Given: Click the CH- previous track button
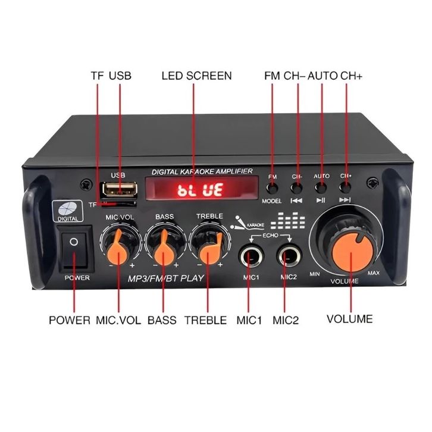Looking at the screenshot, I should click(x=296, y=188).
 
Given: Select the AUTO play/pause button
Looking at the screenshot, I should click(x=321, y=188).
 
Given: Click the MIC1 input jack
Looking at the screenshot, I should click(x=252, y=256).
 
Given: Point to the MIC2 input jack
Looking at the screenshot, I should click(x=289, y=256).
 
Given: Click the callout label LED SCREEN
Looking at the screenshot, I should click(x=196, y=76).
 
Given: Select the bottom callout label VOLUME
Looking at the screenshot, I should click(x=349, y=319).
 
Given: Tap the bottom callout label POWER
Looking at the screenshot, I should click(x=69, y=320).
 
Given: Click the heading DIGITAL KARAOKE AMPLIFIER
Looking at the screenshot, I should click(x=202, y=171).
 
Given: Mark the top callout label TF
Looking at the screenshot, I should click(x=97, y=76).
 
